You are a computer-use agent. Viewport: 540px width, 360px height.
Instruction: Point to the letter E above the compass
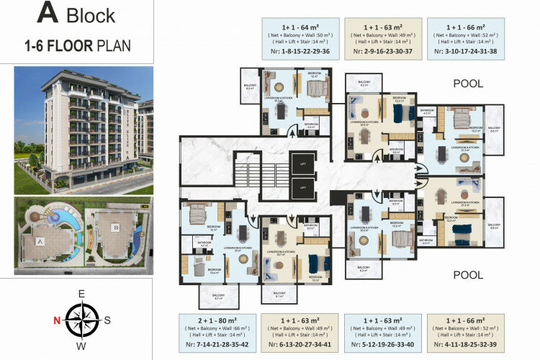[82, 292]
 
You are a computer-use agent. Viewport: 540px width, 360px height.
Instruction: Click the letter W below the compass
[82, 346]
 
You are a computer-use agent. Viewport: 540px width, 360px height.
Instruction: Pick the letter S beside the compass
[108, 320]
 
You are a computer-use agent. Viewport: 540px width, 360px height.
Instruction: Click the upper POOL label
[467, 84]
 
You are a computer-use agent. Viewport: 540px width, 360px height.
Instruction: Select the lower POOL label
[467, 275]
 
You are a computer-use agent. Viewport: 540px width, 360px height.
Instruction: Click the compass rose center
[82, 320]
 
